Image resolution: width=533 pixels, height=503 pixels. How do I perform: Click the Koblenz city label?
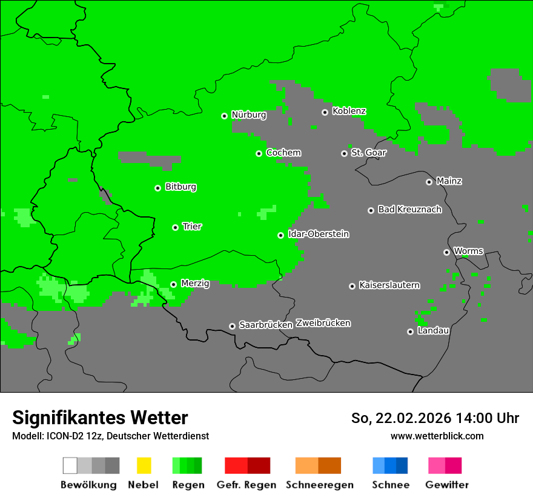coord(349,112)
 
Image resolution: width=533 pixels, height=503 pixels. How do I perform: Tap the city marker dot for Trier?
coord(175,227)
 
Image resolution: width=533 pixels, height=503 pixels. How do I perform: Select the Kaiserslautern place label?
coord(389,285)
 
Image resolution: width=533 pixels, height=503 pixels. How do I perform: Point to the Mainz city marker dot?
coord(429,182)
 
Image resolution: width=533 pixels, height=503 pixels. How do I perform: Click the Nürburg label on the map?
coord(248,115)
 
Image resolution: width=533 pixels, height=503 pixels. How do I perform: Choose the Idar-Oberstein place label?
coord(319,235)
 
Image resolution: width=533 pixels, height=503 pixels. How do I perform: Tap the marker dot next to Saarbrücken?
coord(232,326)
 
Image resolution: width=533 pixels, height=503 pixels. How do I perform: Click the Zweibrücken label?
coord(323,324)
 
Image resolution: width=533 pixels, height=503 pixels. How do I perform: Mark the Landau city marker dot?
coord(410,331)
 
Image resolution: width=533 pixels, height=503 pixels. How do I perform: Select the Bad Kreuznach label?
coord(409,210)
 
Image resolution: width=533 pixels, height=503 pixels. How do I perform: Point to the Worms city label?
coord(468,252)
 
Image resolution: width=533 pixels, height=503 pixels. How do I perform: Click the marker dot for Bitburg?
coord(157,188)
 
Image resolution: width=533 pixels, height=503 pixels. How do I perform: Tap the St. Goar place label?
coord(368,153)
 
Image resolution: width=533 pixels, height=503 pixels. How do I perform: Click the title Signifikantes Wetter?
coord(100,418)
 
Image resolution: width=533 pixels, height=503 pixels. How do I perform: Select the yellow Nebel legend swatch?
coord(144,465)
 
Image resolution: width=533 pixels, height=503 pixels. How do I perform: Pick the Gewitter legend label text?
coord(447,485)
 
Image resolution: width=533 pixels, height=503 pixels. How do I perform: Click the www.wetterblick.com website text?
coord(437,436)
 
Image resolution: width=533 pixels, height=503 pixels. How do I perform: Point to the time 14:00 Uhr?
coord(480,418)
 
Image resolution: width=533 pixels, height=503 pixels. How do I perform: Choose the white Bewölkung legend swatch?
coord(70,465)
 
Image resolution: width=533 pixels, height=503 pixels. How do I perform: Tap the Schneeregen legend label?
coord(319,485)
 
